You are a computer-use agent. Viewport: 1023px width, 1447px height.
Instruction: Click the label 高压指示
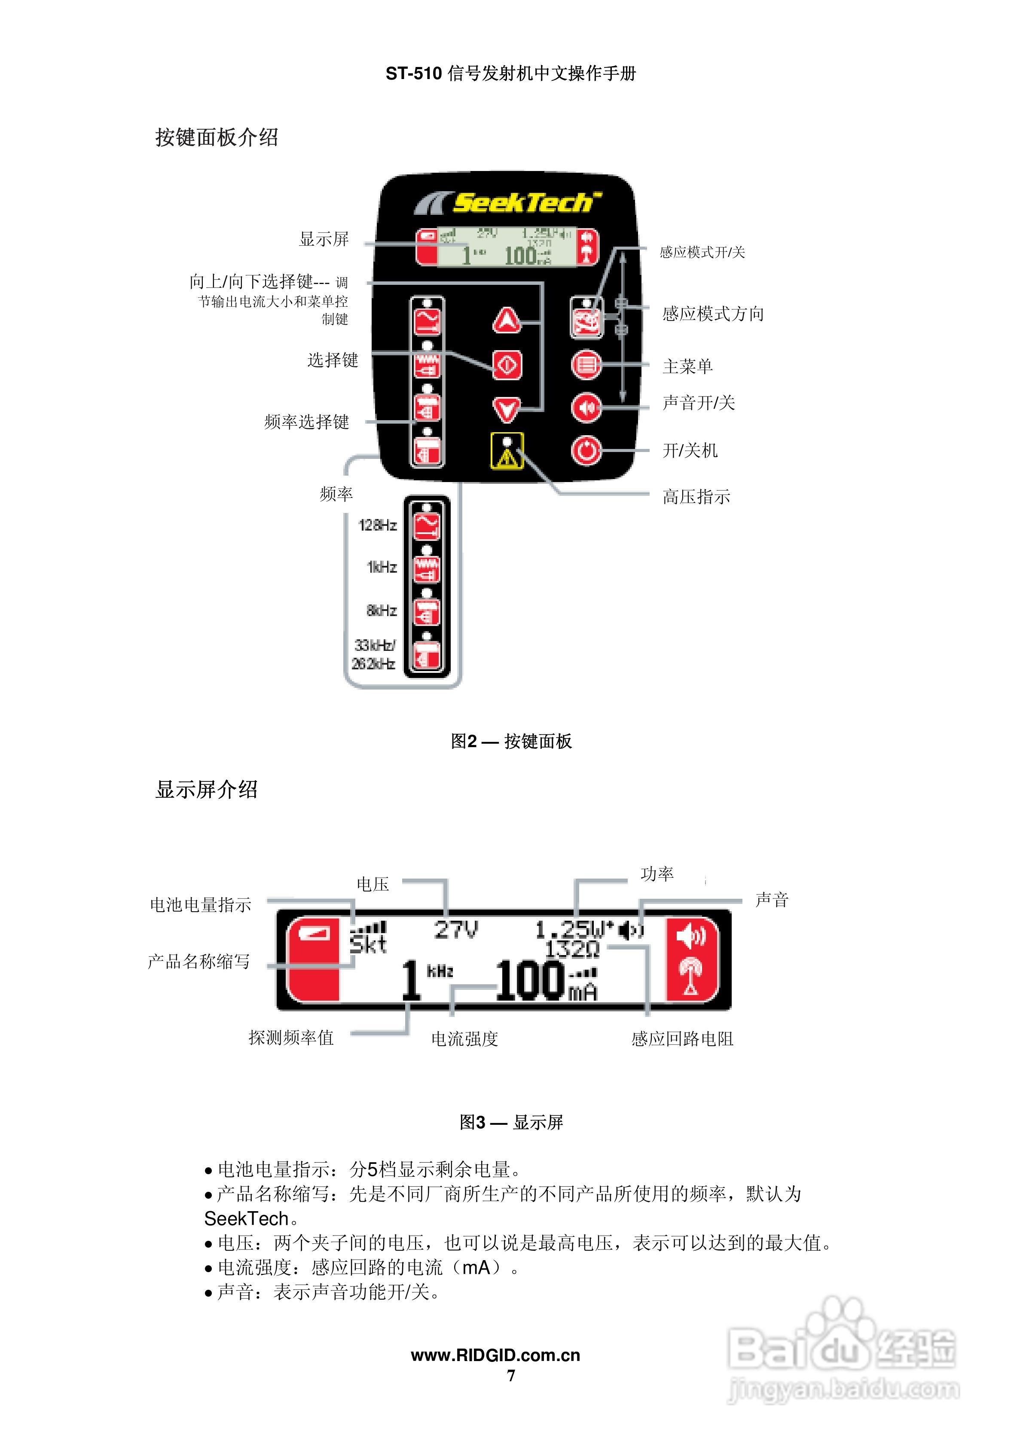[696, 497]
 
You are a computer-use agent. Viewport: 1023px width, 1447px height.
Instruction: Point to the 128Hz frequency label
[378, 525]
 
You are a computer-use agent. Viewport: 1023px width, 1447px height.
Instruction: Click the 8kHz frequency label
[382, 610]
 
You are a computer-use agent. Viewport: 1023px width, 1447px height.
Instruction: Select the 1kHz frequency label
[382, 567]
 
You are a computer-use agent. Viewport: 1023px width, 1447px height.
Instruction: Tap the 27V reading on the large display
[456, 930]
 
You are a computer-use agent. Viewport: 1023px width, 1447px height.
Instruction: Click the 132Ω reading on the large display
[571, 949]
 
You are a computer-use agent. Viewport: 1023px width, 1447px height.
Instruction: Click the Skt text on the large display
[368, 945]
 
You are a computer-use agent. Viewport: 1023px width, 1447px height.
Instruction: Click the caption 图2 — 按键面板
[511, 741]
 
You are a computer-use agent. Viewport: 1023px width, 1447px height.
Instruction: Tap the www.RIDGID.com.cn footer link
[495, 1355]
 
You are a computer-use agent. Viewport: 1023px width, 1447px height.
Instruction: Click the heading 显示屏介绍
[206, 790]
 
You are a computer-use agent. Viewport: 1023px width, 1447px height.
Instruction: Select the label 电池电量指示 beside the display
[201, 905]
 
